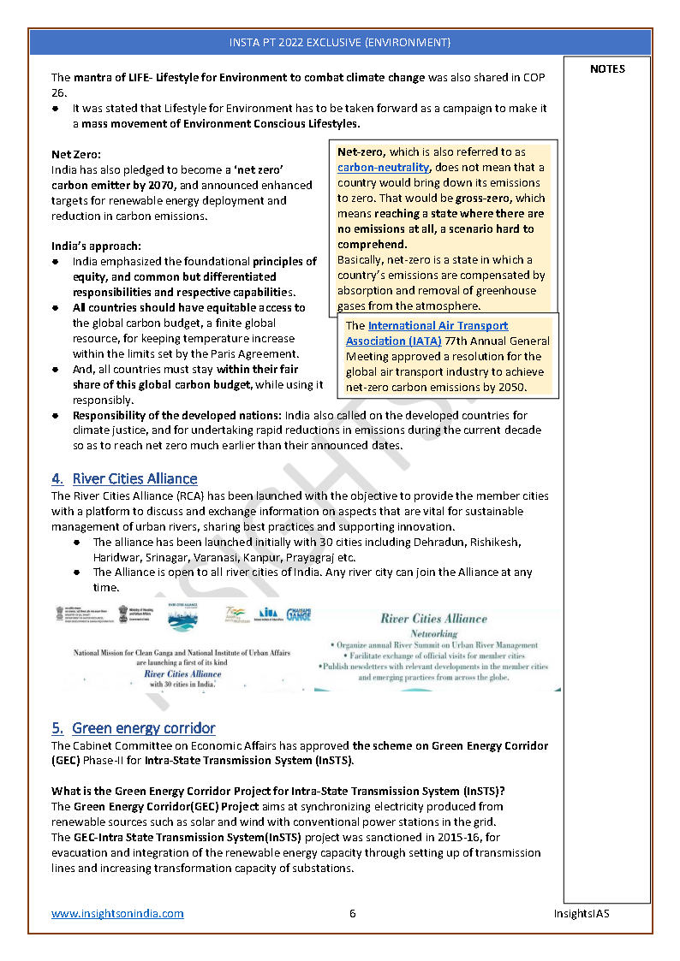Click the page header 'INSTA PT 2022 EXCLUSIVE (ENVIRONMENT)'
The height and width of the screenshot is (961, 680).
pos(340,42)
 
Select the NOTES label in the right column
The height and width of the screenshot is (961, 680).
pos(607,69)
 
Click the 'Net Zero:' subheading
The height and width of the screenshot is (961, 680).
pos(76,154)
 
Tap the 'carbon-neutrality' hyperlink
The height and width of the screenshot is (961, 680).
pos(383,168)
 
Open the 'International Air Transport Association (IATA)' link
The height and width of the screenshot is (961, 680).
pos(426,333)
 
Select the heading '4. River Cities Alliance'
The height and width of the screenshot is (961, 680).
pos(124,478)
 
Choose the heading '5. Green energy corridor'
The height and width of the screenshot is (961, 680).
pos(133,728)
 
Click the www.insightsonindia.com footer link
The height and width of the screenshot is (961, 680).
pos(117,913)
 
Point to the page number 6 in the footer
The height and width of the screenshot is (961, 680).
pos(353,913)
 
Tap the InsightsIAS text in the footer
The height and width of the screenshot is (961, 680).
pos(581,913)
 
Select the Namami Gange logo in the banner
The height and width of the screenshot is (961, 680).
pos(298,614)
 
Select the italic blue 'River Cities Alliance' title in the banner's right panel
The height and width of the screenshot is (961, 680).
pos(433,618)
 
